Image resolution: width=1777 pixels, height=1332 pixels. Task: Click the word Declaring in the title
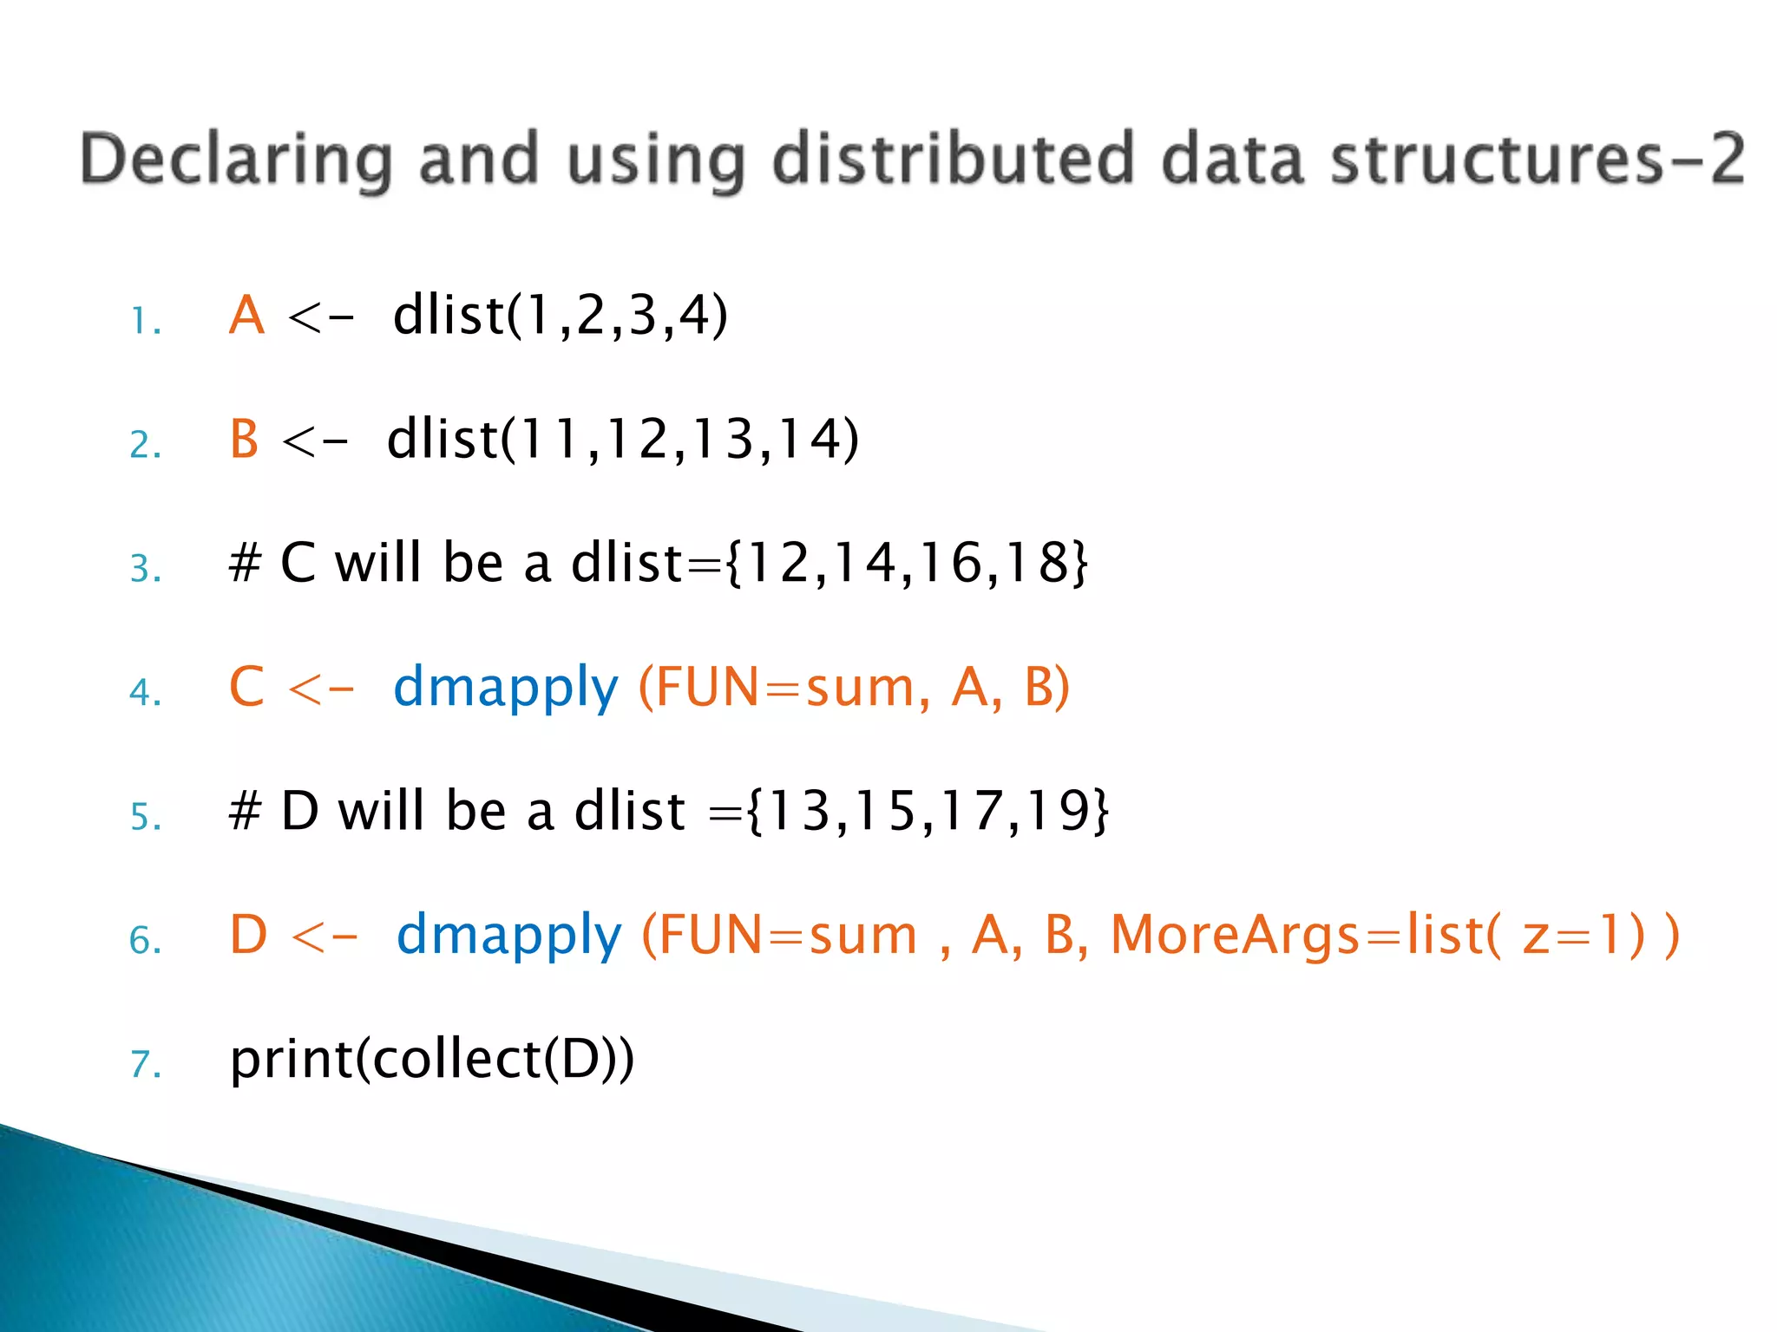pos(235,160)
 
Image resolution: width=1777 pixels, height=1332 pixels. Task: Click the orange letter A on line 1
pos(246,316)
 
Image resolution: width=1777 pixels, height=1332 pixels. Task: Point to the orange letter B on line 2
pos(245,440)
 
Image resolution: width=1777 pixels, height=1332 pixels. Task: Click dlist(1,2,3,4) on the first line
pos(561,316)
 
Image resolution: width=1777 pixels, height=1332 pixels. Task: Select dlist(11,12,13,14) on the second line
pos(623,440)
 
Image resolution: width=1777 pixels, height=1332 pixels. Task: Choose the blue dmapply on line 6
pos(509,937)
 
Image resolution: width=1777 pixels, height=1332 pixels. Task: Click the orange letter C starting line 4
pos(246,688)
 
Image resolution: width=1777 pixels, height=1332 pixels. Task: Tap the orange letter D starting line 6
pos(248,936)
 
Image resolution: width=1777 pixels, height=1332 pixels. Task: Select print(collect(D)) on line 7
pos(432,1060)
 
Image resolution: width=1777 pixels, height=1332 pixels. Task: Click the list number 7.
pos(145,1065)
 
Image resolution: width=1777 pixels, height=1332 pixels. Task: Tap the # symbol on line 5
pos(245,812)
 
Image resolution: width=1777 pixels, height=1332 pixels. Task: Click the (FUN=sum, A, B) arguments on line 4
pos(854,688)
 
